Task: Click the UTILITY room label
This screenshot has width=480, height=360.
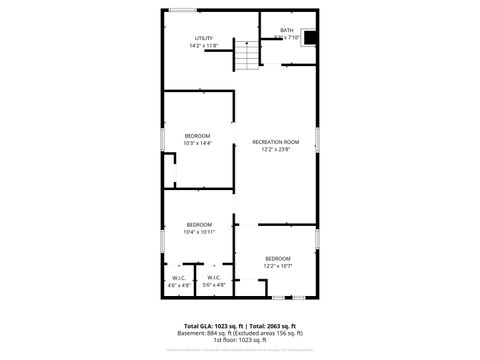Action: point(203,38)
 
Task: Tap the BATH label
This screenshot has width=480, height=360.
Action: point(287,30)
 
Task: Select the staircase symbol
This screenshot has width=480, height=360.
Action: point(246,57)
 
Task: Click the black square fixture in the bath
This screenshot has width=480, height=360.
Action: point(310,39)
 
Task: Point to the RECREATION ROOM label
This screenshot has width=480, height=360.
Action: point(275,142)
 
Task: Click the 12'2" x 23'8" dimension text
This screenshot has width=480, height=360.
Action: point(275,150)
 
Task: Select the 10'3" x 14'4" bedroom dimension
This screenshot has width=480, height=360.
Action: point(197,143)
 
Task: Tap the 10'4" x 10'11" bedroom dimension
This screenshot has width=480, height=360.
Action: point(199,232)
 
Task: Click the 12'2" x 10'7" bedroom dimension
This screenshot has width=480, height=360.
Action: point(277,266)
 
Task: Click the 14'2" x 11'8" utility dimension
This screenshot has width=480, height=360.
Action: point(203,46)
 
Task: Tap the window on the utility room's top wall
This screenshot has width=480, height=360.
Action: point(182,11)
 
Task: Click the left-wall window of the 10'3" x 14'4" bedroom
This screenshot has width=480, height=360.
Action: point(163,139)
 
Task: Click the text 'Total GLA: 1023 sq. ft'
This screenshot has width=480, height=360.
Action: point(213,326)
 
